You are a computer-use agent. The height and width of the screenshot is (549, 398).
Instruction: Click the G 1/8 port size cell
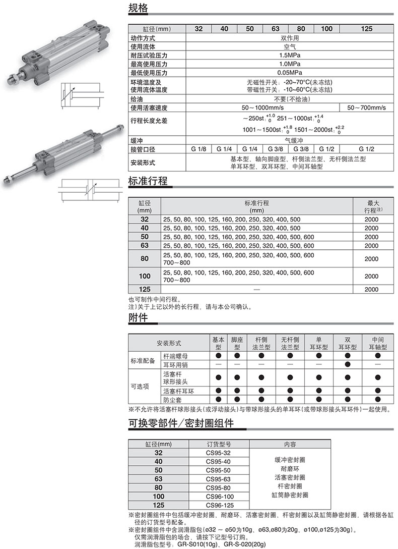[198, 149]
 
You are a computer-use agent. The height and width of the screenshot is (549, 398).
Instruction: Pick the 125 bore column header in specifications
[366, 29]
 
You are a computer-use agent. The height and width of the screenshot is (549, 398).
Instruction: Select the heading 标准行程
[148, 182]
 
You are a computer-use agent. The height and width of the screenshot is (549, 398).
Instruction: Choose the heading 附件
[138, 318]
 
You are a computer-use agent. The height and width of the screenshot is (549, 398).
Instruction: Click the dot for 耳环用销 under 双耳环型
[347, 364]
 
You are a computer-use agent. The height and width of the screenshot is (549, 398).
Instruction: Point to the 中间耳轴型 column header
[377, 343]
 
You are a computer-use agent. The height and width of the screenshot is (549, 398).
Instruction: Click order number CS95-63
[218, 479]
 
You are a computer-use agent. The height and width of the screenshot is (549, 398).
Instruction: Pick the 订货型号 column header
[218, 444]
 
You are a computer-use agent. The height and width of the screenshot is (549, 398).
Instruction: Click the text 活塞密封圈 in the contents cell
[290, 477]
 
